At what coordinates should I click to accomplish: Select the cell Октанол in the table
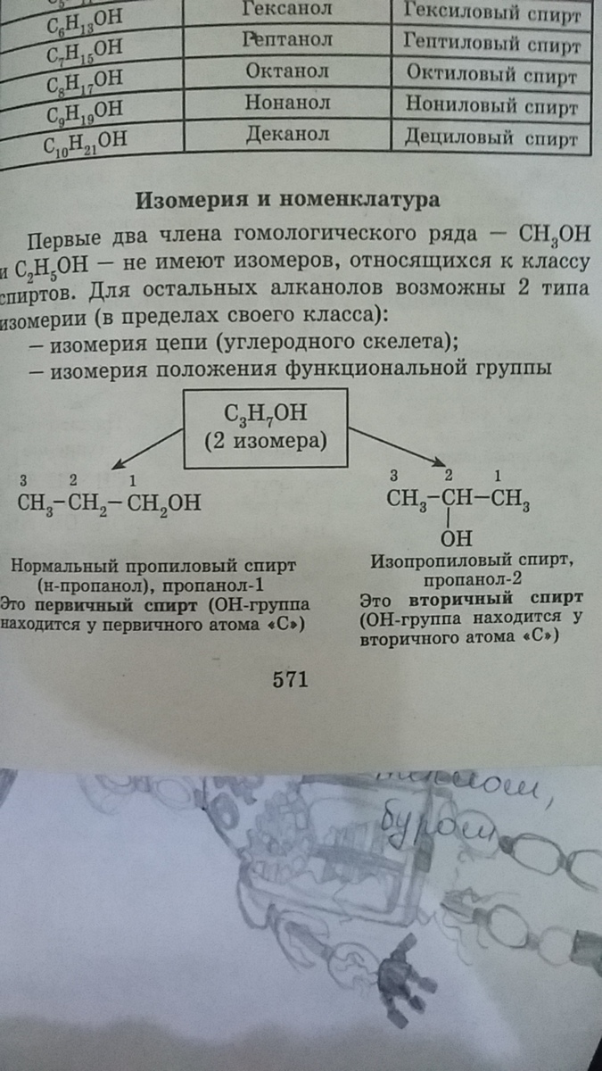[288, 71]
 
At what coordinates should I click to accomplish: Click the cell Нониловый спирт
[492, 105]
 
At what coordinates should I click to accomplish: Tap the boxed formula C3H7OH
[265, 412]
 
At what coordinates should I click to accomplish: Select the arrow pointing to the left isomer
[148, 446]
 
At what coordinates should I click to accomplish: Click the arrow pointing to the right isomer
[397, 445]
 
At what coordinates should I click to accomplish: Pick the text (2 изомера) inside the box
[264, 441]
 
